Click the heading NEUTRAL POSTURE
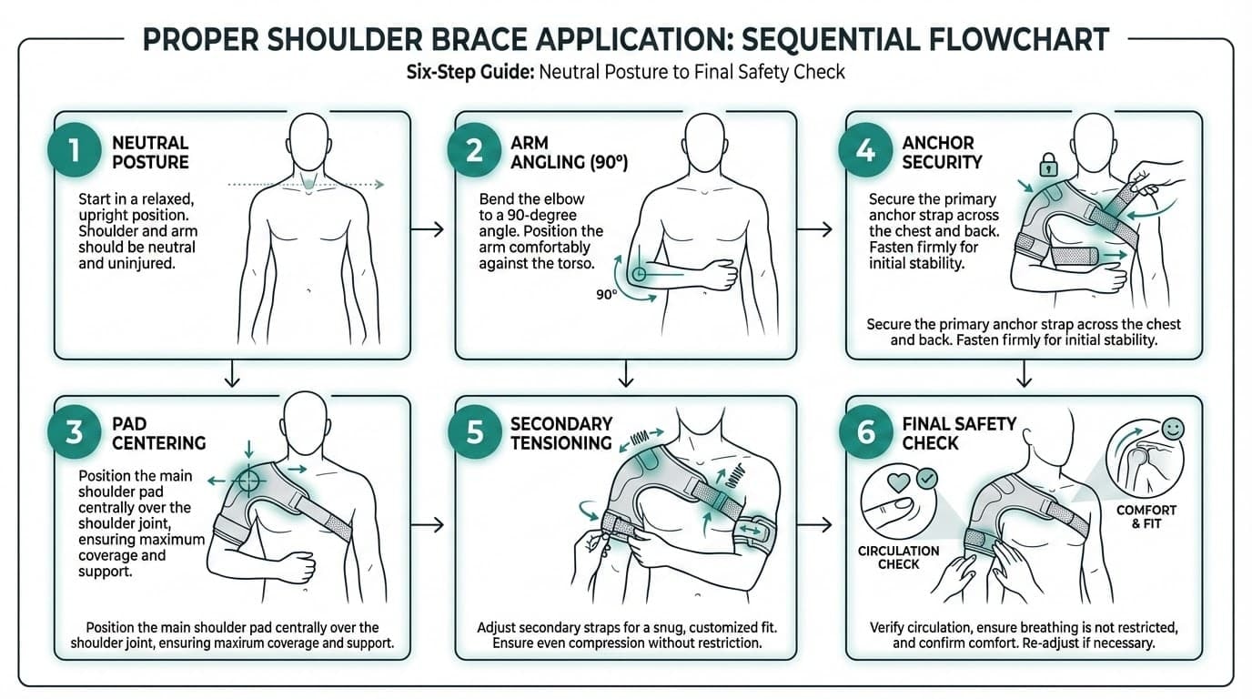[150, 153]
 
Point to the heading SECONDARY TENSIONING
[560, 433]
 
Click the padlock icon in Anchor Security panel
[1047, 165]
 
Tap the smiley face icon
[1172, 428]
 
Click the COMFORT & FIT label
[1146, 517]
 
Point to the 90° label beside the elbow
[605, 294]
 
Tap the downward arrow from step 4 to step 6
[1025, 374]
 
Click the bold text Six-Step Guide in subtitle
[469, 71]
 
